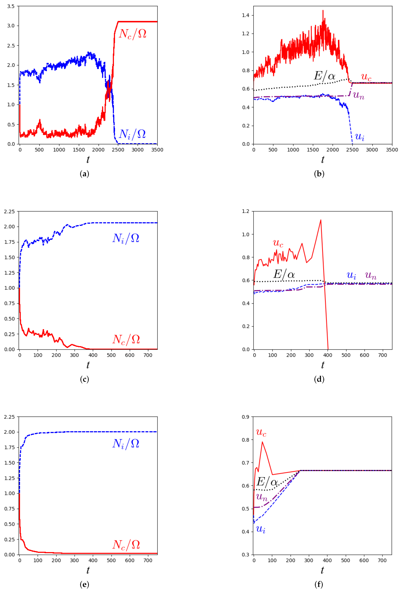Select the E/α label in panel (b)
click(x=324, y=76)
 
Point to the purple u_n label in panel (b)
click(x=358, y=95)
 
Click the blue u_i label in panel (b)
click(x=359, y=137)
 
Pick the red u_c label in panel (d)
click(x=278, y=243)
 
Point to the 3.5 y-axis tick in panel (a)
click(x=11, y=6)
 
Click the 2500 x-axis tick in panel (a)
click(x=118, y=150)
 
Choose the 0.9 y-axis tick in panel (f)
click(x=246, y=417)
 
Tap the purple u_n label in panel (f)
click(x=262, y=497)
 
